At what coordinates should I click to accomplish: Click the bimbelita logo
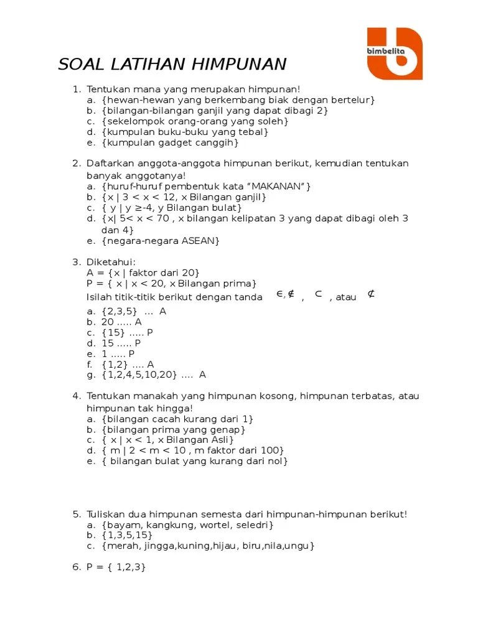pos(394,53)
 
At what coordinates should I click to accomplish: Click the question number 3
pos(75,262)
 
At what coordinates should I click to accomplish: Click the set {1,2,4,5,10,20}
pos(140,374)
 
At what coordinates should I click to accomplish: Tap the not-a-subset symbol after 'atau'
pos(371,294)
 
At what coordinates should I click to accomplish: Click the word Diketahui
pos(111,262)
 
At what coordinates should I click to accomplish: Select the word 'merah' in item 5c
pos(124,546)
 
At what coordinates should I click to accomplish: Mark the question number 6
pos(75,567)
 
